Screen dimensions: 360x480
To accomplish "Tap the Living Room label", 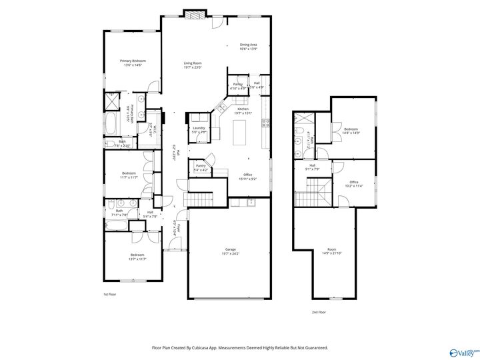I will pyautogui.click(x=193, y=65).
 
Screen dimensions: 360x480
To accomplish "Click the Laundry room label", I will pyautogui.click(x=199, y=130).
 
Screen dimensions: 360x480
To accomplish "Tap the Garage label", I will pyautogui.click(x=231, y=251).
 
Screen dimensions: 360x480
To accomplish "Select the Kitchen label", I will pyautogui.click(x=243, y=111).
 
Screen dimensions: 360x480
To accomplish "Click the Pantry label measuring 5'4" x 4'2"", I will pyautogui.click(x=200, y=168).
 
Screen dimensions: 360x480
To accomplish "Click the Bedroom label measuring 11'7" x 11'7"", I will pyautogui.click(x=129, y=175).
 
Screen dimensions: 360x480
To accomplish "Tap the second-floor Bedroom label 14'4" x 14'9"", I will pyautogui.click(x=351, y=131).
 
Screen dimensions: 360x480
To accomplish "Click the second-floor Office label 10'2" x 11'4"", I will pyautogui.click(x=354, y=184).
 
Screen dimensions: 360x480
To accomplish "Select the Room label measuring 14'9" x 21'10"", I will pyautogui.click(x=327, y=251).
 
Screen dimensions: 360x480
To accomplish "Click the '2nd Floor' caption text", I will pyautogui.click(x=319, y=312).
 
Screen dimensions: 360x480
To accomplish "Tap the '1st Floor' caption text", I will pyautogui.click(x=109, y=294).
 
